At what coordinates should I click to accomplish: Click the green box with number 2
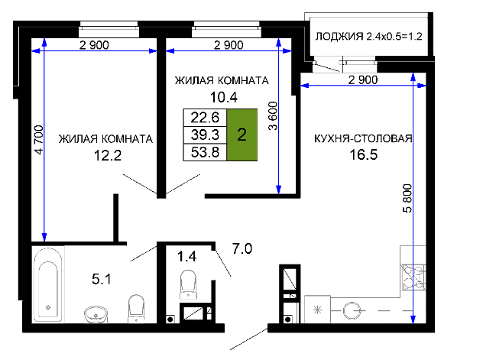[241, 135]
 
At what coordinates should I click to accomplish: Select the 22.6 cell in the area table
[205, 118]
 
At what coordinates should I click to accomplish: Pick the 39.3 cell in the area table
[205, 135]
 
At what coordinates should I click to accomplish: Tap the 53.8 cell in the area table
[205, 152]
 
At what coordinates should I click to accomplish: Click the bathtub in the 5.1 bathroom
[48, 284]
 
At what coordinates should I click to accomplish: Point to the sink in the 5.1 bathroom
[96, 314]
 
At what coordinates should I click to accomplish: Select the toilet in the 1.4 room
[188, 284]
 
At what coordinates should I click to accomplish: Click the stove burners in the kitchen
[413, 277]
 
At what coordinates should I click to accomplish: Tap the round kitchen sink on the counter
[352, 310]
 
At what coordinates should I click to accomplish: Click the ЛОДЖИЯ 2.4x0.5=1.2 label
[368, 37]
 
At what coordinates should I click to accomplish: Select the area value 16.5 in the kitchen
[364, 154]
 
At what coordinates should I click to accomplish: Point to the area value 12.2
[108, 155]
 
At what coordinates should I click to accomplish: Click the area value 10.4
[224, 97]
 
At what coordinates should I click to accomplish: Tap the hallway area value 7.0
[242, 248]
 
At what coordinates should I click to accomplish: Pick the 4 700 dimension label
[38, 140]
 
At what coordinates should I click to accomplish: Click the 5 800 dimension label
[407, 198]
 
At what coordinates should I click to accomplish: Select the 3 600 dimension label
[273, 115]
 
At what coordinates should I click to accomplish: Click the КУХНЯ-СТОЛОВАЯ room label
[363, 138]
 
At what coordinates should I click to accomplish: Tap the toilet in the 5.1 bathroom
[136, 309]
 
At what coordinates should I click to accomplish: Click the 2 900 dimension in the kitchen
[363, 79]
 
